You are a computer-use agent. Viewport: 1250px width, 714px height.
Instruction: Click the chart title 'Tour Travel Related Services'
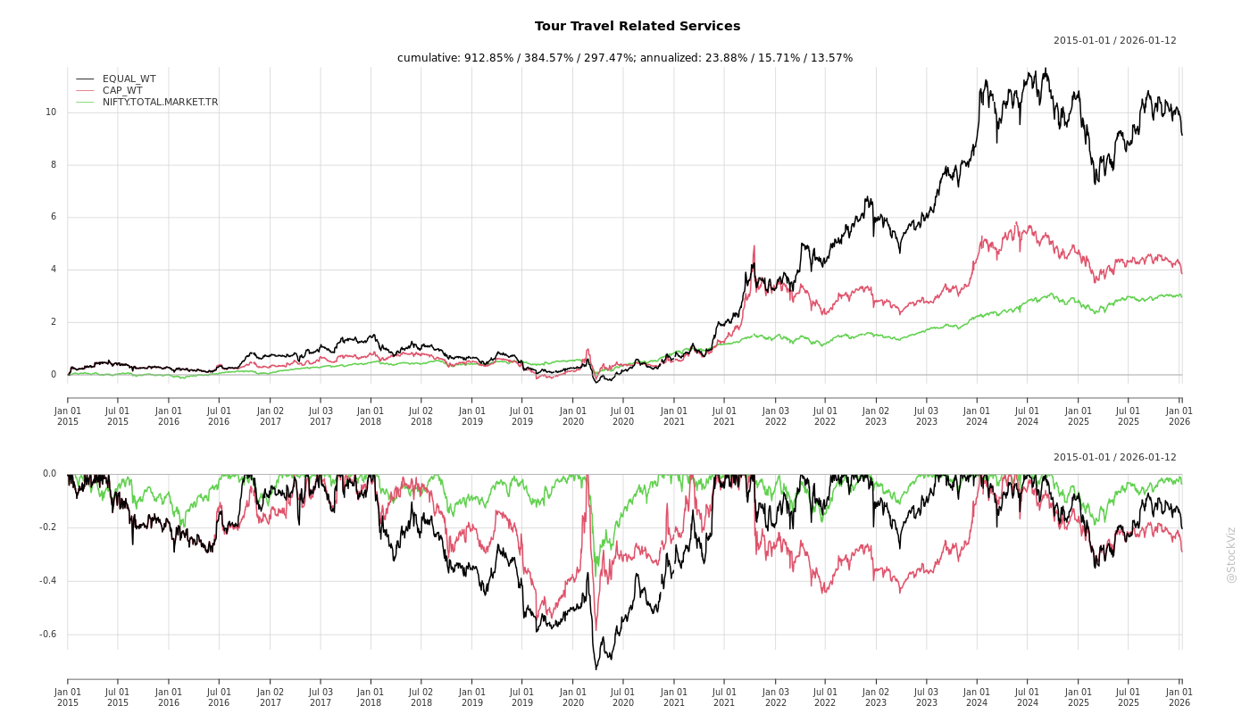coord(637,27)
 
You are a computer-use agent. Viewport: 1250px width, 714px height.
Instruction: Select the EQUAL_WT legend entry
coord(129,79)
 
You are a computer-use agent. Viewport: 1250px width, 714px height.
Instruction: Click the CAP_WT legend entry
coord(121,90)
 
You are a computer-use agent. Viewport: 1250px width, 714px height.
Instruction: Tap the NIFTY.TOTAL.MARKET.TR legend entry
coord(160,102)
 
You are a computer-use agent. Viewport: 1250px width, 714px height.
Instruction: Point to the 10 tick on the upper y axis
coord(51,112)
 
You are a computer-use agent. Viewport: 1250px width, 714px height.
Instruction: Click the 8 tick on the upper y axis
coord(53,165)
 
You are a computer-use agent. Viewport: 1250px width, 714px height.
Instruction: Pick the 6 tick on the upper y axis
coord(53,217)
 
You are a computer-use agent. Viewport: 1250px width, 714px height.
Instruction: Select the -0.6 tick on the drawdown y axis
coord(47,635)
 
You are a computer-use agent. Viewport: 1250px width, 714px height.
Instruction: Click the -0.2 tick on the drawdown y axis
coord(47,527)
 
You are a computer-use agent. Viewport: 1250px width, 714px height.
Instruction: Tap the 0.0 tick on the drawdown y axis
coord(49,474)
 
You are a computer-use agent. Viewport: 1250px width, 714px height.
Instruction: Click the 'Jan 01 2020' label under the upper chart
coord(573,416)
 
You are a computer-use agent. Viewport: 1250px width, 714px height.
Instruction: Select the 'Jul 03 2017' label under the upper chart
coord(321,416)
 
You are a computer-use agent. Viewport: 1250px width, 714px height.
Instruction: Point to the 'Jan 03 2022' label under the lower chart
coord(775,697)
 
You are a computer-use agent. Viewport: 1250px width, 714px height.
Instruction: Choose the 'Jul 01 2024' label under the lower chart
coord(1028,697)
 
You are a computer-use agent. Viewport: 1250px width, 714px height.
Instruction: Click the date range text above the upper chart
coord(1114,40)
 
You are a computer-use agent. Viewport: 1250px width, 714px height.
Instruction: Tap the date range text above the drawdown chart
coord(1114,457)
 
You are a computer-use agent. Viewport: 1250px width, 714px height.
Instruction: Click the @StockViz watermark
coord(1231,554)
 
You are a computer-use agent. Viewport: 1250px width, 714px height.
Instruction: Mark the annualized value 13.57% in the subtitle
coord(830,58)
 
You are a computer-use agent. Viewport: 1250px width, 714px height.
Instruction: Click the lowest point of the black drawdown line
coord(596,669)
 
